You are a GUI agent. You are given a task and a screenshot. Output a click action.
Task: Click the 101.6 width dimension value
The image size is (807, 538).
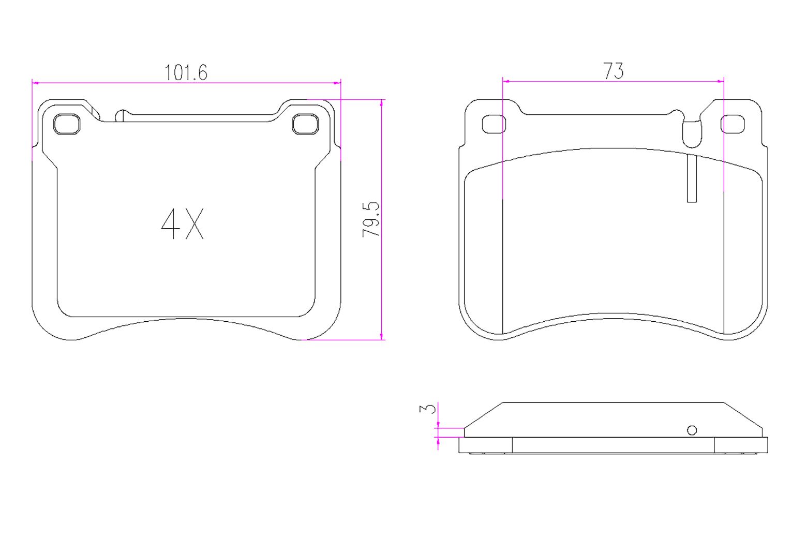[186, 72]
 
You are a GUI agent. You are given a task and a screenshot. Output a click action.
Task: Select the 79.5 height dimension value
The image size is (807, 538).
[370, 219]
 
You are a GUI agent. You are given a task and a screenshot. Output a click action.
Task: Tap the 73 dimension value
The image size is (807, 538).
[614, 71]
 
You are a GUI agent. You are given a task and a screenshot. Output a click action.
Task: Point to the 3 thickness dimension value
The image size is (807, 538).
[428, 409]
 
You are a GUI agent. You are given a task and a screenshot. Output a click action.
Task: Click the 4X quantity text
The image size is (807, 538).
[183, 224]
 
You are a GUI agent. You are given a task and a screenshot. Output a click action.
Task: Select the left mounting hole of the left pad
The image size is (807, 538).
[67, 124]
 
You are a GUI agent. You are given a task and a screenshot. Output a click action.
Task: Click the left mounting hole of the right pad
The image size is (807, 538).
[494, 125]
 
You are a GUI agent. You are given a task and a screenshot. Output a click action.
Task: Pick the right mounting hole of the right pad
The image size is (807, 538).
[733, 125]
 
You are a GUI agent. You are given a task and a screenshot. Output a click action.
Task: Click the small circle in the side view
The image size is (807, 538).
[692, 430]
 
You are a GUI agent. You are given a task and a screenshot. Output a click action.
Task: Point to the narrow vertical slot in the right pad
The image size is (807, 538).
[692, 178]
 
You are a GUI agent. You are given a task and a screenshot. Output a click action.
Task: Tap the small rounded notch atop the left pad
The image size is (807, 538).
[120, 115]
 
